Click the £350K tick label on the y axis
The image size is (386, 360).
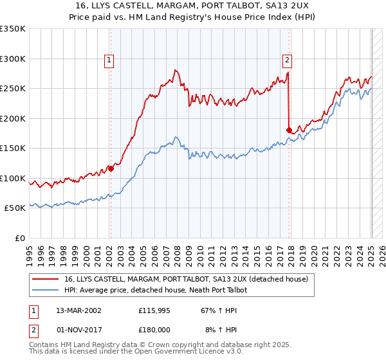[12, 29]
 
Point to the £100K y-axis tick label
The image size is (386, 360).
[12, 178]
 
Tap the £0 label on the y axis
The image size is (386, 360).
[19, 238]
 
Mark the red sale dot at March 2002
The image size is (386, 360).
[111, 169]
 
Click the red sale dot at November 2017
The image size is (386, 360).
[289, 130]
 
